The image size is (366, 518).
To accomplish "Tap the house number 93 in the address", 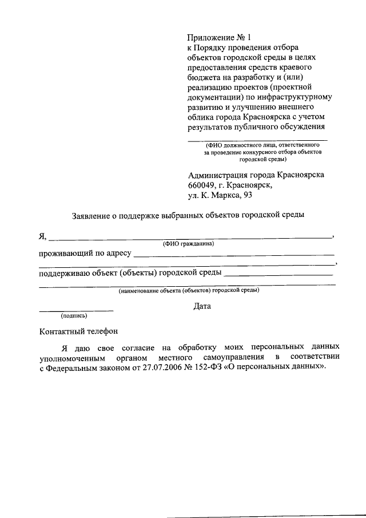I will [247, 195].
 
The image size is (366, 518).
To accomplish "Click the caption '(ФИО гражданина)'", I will [188, 244].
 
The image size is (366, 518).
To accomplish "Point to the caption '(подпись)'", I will [74, 315].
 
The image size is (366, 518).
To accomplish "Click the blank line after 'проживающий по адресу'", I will [234, 254].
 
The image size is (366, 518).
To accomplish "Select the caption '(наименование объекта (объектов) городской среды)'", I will [189, 291].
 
